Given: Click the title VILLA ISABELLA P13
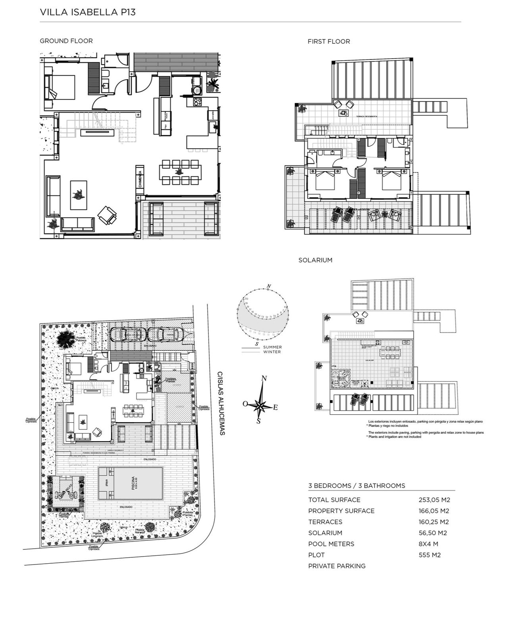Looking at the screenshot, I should coord(88,12).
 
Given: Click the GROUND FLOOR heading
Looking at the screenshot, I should coord(66,41).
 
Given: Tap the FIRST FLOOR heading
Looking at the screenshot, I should coord(329,41).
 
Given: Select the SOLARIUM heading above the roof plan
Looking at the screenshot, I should coord(315,260).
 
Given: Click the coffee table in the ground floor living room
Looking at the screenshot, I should coord(78,195).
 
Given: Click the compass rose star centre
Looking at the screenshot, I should coord(260,406).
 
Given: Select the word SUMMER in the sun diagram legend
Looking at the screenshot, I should coord(272,347).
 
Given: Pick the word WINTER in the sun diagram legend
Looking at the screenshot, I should coord(272,352).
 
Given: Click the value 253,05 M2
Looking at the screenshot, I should coord(434,500).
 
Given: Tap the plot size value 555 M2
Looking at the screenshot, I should coord(429,555).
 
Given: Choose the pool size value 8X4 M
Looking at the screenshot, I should coord(429,544).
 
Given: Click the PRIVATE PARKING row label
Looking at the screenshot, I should coord(337,566).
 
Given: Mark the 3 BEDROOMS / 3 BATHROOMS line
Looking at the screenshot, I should coord(356,486).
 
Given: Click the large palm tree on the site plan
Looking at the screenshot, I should coord(65,339).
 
